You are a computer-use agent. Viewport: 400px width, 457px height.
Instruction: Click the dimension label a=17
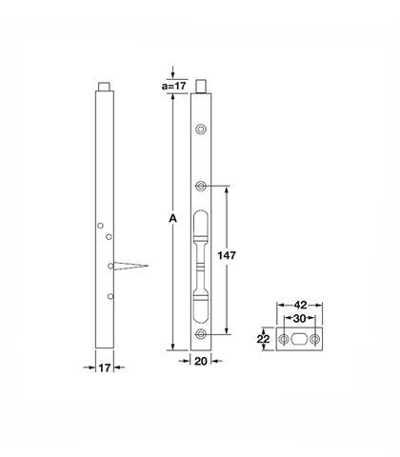click(x=173, y=86)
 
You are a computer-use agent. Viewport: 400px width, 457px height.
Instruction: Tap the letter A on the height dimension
click(x=172, y=219)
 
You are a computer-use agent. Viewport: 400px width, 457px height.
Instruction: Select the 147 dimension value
click(x=227, y=255)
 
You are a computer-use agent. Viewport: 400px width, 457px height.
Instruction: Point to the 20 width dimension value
click(x=200, y=361)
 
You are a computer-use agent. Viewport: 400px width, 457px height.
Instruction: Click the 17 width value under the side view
click(x=105, y=368)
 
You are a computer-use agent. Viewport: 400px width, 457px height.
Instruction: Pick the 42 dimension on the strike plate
click(x=300, y=306)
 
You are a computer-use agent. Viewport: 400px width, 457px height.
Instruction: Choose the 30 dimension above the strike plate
click(x=299, y=319)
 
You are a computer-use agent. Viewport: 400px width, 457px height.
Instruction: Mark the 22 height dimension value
click(x=263, y=339)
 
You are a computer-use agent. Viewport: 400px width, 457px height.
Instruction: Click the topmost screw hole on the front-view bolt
click(x=200, y=129)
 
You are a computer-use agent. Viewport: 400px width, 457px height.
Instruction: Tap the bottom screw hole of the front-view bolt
click(x=200, y=334)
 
